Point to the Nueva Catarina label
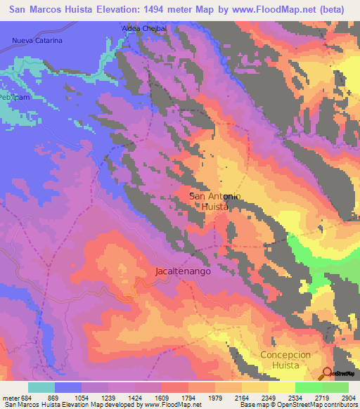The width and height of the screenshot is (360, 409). pos(37,41)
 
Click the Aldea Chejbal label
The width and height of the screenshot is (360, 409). pos(143,27)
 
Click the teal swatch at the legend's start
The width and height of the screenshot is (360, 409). pos(41,387)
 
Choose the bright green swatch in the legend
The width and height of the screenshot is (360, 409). pos(308,387)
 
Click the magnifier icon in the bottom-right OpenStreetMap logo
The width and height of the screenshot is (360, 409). pos(326,372)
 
